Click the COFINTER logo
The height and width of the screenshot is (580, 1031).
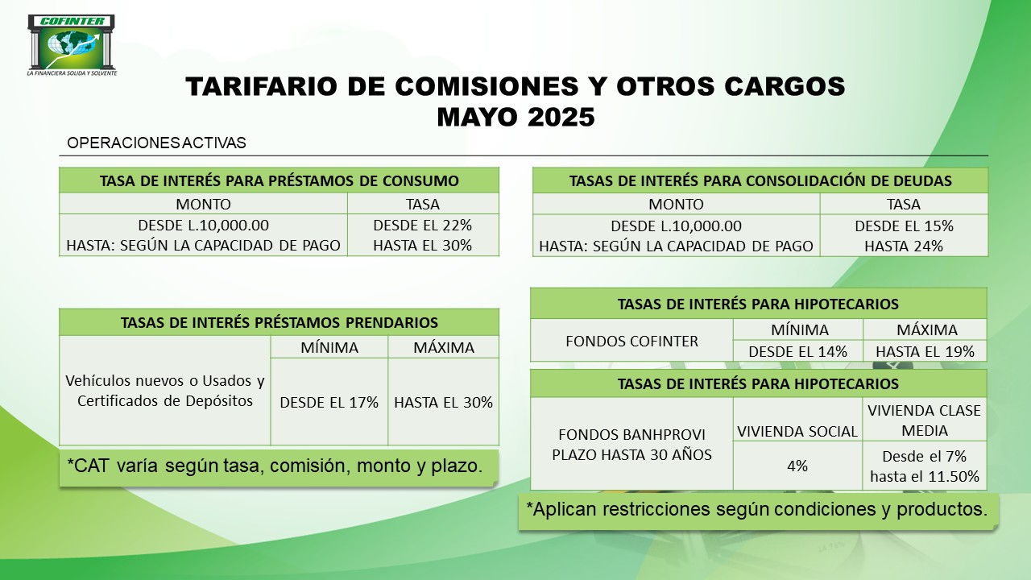coord(72,45)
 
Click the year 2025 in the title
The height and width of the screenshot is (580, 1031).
coord(561,117)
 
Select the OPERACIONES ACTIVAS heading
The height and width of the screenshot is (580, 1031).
coord(156,143)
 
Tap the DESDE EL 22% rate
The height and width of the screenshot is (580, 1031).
coord(423,225)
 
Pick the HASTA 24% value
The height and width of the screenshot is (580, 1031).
coord(904,246)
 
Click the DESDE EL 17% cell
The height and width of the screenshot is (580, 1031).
coord(329,402)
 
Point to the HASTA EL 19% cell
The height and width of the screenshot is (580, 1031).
coord(925,352)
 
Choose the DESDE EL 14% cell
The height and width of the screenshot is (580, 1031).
coord(797,352)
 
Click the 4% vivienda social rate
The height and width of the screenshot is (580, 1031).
coord(797,466)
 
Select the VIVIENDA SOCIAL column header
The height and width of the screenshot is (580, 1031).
coord(797,431)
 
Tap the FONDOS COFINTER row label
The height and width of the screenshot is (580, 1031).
coord(631,341)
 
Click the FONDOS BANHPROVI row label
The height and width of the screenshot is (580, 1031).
coord(631,434)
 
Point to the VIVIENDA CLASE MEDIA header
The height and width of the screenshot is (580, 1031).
coord(924,420)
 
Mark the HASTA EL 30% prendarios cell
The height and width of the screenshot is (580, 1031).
coord(443,402)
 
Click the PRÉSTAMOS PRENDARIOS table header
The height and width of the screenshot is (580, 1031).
coord(279,322)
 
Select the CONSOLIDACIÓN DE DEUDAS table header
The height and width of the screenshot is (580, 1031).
coord(760,180)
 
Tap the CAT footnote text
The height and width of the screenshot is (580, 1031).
coord(275,466)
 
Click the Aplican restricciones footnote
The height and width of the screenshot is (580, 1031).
coord(756,509)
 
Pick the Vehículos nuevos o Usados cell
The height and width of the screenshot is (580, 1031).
coord(165,391)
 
